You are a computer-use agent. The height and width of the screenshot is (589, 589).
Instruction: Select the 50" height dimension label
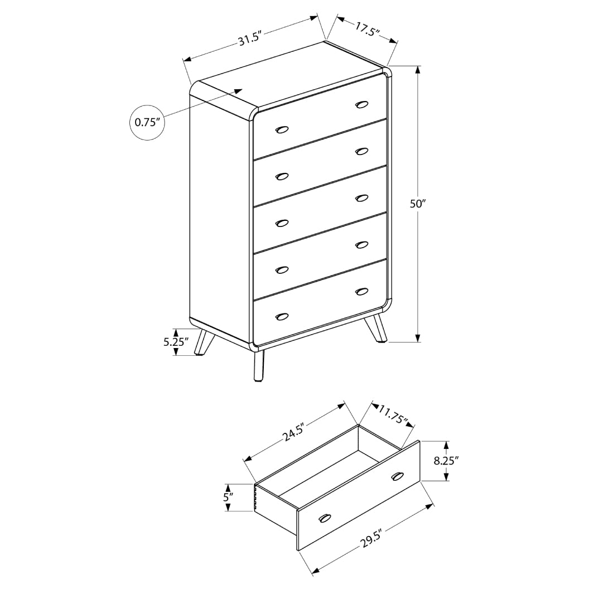pyautogui.click(x=418, y=204)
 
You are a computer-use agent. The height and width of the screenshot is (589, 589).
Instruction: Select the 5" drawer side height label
pyautogui.click(x=228, y=497)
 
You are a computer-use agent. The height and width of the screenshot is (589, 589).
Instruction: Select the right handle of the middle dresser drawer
pyautogui.click(x=362, y=197)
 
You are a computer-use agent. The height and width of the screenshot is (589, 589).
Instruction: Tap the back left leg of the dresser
pyautogui.click(x=201, y=344)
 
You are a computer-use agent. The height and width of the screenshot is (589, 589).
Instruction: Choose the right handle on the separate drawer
pyautogui.click(x=397, y=476)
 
